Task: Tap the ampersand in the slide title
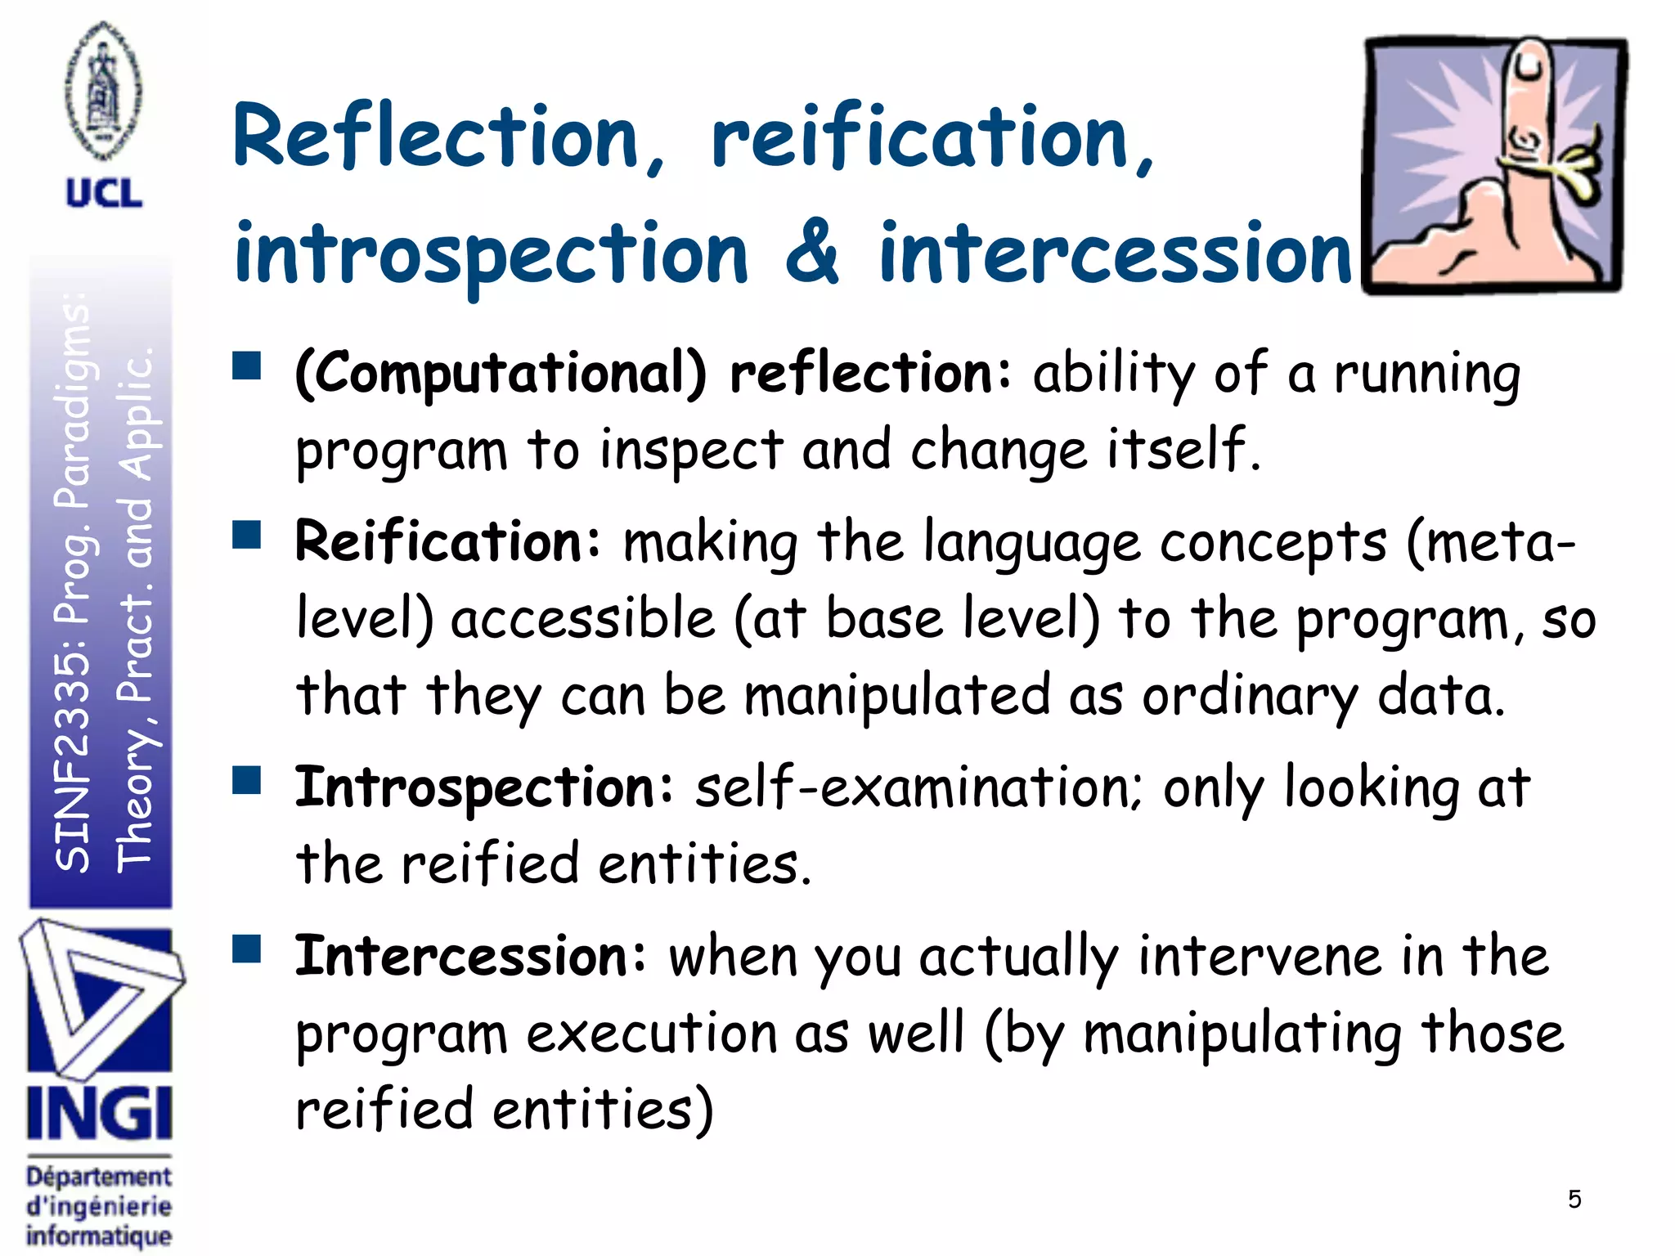tap(811, 253)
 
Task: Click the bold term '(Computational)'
tap(501, 375)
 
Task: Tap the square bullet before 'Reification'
tap(246, 536)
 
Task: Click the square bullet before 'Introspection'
tap(246, 781)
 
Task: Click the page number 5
tap(1574, 1200)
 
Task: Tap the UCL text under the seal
tap(104, 194)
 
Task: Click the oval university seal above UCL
tap(103, 92)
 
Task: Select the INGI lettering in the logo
tap(99, 1113)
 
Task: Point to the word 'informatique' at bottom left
tap(99, 1236)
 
